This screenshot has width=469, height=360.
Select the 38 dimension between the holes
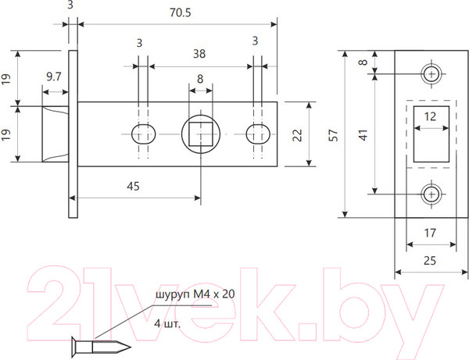tap(199, 55)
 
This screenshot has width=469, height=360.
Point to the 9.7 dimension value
tap(55, 77)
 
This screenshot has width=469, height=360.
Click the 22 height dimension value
tap(297, 134)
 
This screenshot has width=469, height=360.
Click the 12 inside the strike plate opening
tap(430, 116)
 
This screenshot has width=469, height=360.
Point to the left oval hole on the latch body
tap(141, 134)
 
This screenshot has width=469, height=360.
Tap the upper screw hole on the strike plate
tap(431, 74)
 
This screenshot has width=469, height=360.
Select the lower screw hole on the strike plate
tap(431, 193)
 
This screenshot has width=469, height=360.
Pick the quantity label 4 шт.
tap(168, 322)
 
